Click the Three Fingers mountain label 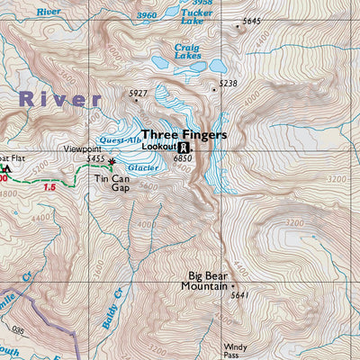point(184,134)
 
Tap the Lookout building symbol point(184,148)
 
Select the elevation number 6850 point(184,159)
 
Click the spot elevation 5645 point(251,21)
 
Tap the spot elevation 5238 point(228,84)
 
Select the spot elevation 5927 point(137,93)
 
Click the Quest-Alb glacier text point(120,140)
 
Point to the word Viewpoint point(82,149)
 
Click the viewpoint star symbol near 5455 point(112,163)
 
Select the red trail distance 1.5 point(49,188)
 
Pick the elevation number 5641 point(238,295)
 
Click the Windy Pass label point(235,350)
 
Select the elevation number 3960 point(144,15)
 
